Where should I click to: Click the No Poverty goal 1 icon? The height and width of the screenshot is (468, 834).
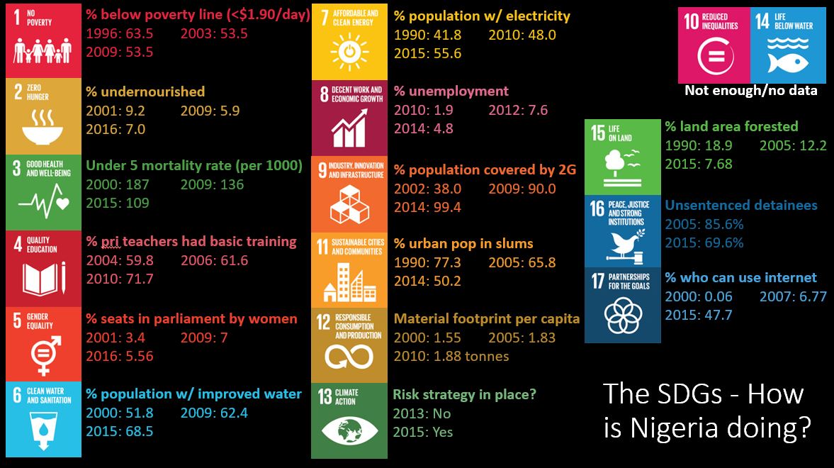click(43, 41)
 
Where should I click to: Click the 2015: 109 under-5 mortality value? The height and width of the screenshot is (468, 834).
click(118, 203)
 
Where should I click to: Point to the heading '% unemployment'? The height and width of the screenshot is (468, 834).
click(451, 91)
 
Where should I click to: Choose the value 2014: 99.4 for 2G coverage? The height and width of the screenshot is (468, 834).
click(427, 207)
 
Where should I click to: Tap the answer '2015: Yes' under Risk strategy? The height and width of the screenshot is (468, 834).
click(423, 432)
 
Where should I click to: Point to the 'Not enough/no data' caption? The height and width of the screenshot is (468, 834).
click(750, 91)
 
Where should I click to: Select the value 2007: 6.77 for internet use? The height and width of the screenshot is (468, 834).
click(793, 296)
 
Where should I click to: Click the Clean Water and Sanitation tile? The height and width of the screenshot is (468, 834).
click(43, 420)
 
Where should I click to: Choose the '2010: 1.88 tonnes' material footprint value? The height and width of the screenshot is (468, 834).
click(451, 356)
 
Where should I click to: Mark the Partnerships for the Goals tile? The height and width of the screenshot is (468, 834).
click(622, 305)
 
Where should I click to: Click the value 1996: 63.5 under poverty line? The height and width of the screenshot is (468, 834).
click(120, 33)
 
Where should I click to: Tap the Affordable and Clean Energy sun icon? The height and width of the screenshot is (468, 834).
click(349, 51)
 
